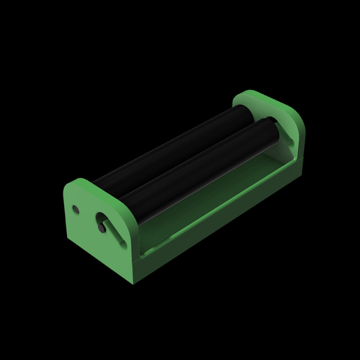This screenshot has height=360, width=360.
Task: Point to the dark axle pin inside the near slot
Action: [102, 227]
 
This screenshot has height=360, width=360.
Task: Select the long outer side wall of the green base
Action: [223, 223]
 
